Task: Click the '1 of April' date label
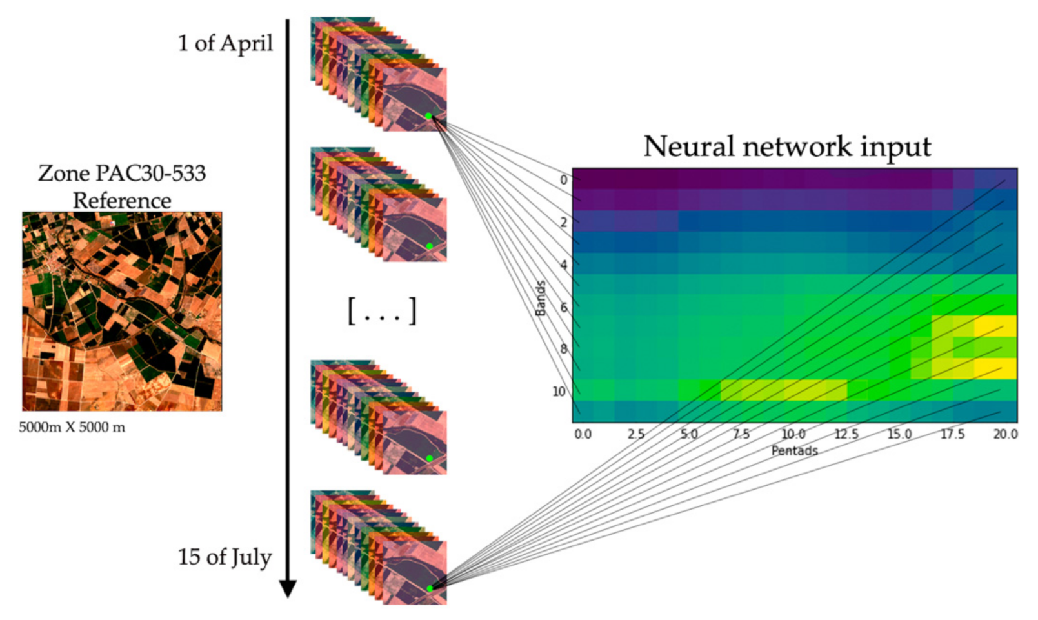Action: (x=225, y=43)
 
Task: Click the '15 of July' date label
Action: (x=225, y=557)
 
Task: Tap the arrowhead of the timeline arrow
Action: (x=288, y=588)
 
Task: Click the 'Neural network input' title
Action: (x=787, y=146)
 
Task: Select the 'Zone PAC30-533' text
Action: (x=122, y=173)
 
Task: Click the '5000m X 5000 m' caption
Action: (x=72, y=427)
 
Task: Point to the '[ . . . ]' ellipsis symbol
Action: (x=382, y=311)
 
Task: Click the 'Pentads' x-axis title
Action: (x=794, y=450)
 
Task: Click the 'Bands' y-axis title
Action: (x=541, y=298)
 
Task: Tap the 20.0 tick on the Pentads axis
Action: (x=1005, y=434)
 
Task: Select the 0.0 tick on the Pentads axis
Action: (x=583, y=434)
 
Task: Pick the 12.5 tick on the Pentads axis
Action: (x=846, y=434)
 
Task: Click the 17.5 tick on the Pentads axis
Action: (x=952, y=434)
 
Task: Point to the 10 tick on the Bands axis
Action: (x=559, y=392)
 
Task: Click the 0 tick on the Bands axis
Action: (x=563, y=180)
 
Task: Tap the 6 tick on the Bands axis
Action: (x=563, y=307)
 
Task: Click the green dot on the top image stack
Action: (x=428, y=116)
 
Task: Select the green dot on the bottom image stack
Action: (x=430, y=588)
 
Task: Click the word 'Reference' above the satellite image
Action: (x=122, y=201)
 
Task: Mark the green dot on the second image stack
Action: (x=429, y=246)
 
